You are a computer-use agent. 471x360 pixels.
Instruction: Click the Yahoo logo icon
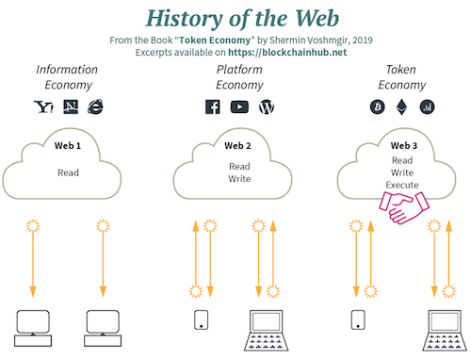43,106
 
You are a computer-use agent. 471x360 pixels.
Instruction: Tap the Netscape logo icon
71,106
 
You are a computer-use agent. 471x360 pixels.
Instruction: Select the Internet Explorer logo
95,106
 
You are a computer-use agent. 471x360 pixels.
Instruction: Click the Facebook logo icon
213,106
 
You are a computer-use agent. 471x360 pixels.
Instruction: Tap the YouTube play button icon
239,106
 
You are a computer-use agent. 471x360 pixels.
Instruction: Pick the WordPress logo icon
267,106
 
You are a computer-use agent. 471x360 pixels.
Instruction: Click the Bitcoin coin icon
378,106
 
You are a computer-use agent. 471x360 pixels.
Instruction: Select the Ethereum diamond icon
401,106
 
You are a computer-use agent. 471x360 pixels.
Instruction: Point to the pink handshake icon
404,207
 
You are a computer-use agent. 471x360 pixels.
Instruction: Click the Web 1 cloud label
68,146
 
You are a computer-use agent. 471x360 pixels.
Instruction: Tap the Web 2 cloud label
237,146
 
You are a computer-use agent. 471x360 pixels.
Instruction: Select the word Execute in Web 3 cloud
402,185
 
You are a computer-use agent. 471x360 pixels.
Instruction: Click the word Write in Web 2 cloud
239,179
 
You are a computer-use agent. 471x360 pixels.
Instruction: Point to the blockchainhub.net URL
287,52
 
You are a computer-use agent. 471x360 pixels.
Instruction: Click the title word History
185,18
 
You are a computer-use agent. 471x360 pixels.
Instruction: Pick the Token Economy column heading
402,77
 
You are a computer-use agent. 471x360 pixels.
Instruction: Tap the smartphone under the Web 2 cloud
202,319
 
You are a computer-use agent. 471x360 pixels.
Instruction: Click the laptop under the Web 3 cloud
445,330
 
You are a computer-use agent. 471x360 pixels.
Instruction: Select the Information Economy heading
67,77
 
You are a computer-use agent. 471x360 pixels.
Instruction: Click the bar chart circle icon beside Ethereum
427,106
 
